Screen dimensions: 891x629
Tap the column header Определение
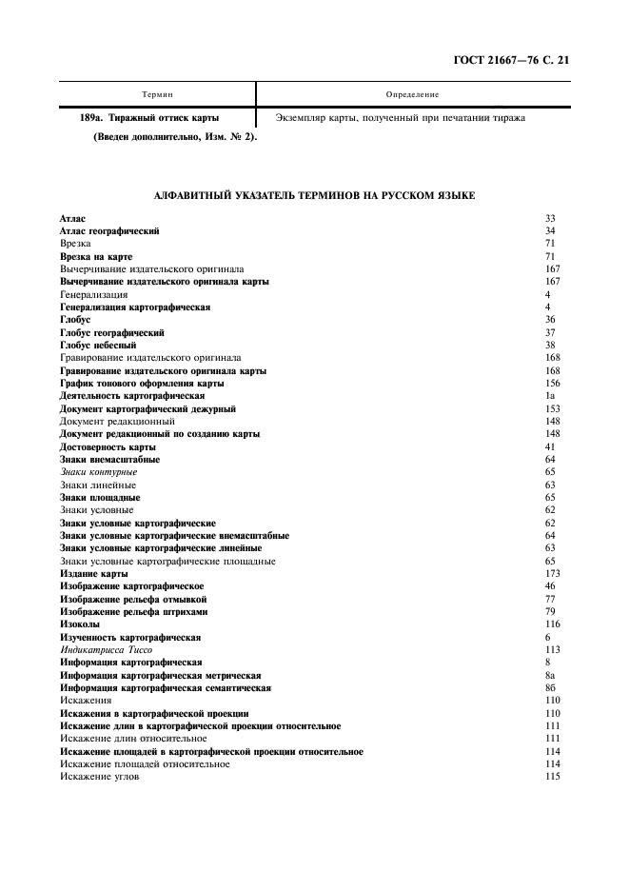pyautogui.click(x=413, y=94)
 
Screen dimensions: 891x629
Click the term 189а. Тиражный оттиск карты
pyautogui.click(x=149, y=118)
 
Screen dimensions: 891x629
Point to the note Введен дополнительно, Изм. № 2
pyautogui.click(x=175, y=137)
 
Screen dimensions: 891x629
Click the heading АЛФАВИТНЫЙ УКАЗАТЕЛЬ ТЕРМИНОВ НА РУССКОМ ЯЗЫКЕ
pyautogui.click(x=314, y=195)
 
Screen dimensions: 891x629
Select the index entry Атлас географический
pyautogui.click(x=109, y=231)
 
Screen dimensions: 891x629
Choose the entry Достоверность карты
pyautogui.click(x=108, y=446)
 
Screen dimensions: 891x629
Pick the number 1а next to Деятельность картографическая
pyautogui.click(x=550, y=396)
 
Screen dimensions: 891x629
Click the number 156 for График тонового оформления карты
pyautogui.click(x=552, y=384)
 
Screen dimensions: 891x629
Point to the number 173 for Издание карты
pyautogui.click(x=552, y=574)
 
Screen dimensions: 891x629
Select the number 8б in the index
pyautogui.click(x=551, y=687)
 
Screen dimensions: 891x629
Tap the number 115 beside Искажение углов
pyautogui.click(x=552, y=777)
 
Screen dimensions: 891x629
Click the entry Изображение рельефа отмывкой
pyautogui.click(x=133, y=599)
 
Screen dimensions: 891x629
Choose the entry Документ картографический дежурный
pyautogui.click(x=147, y=408)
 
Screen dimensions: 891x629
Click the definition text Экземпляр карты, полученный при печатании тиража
pyautogui.click(x=400, y=118)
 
